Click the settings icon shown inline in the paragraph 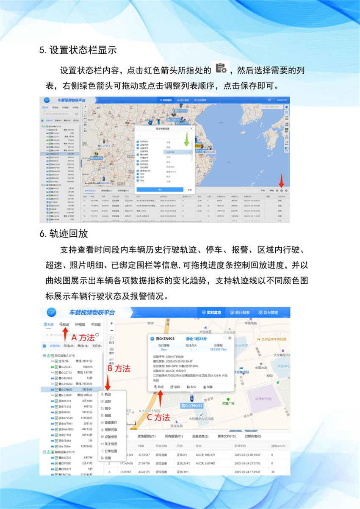tap(220, 68)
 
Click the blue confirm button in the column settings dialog tap(159, 189)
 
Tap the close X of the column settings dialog tap(191, 128)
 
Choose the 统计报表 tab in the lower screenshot tap(243, 313)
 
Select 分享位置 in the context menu tap(111, 451)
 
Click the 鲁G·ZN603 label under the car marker tap(191, 406)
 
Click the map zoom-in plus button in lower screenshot tap(111, 323)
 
